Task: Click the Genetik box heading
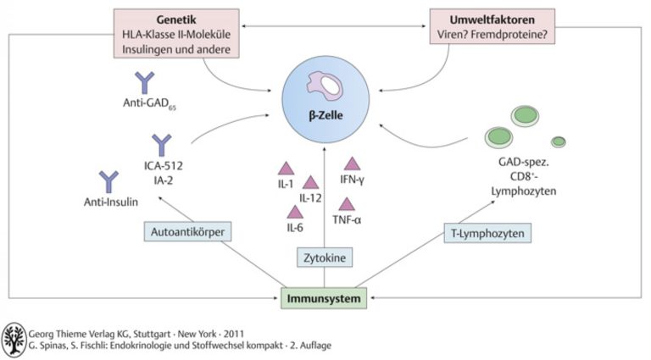[176, 19]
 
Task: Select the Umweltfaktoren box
[492, 26]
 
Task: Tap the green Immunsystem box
[324, 299]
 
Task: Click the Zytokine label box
[325, 258]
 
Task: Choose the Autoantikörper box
[187, 231]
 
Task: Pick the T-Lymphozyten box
[487, 233]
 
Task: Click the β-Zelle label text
[325, 115]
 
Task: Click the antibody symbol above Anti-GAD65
[144, 82]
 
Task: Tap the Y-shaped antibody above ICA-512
[162, 145]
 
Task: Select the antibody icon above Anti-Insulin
[108, 181]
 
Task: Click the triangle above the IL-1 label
[286, 169]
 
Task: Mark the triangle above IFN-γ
[352, 163]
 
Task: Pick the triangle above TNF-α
[347, 204]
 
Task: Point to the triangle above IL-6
[295, 212]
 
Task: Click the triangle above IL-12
[310, 182]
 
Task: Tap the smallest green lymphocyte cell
[559, 141]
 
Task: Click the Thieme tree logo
[14, 340]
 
